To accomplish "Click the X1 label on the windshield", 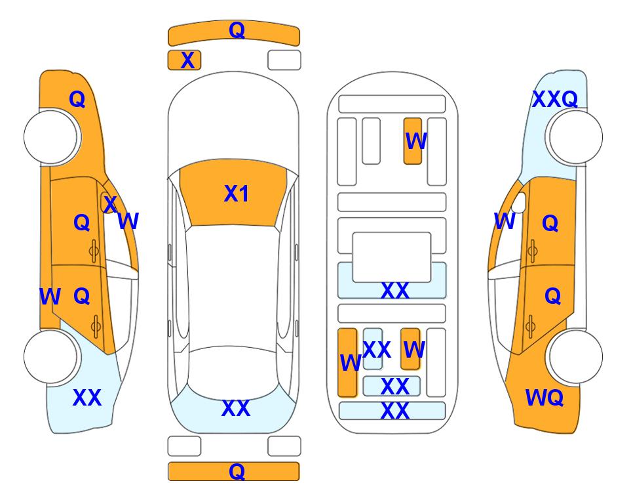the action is pos(237,194).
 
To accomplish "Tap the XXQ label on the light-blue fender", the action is pos(555,99).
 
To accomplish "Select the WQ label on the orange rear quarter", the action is pos(545,398).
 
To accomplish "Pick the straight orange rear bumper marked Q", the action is pos(234,471).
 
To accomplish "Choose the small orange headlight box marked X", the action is pos(184,60).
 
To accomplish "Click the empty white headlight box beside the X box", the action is pos(284,60).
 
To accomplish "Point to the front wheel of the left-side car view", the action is pos(51,137).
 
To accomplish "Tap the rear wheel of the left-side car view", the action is pos(51,356).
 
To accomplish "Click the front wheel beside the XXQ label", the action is pos(575,137).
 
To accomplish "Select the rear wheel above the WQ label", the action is pos(575,356).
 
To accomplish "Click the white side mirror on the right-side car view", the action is pos(519,203).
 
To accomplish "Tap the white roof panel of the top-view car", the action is pos(233,286).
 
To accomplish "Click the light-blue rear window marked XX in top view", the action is pos(234,411).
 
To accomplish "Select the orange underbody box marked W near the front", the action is pos(413,140).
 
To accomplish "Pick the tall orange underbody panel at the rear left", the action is pos(348,362).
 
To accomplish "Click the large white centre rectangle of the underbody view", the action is pos(392,257).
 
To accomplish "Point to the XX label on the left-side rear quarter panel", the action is pos(87,398).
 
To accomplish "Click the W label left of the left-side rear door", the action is pos(50,297).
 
